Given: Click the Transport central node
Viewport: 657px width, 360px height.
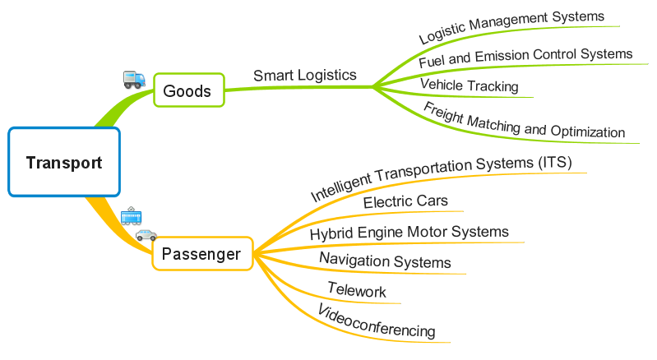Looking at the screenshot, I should pos(64,162).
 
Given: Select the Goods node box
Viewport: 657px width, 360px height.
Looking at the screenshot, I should pos(187,90).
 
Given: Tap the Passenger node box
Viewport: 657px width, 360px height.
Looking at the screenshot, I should pos(201,254).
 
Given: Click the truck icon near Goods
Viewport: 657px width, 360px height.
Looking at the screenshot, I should pos(134,79).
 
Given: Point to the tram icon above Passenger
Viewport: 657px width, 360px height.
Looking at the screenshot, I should pos(132,216).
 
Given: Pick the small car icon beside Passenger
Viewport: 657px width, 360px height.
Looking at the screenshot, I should pos(146,235).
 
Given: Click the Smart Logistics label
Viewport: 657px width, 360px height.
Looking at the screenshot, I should pos(304,75).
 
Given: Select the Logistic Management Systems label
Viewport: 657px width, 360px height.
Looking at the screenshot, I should pos(511,27).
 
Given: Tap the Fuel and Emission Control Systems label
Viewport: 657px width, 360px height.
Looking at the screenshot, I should pos(525,58).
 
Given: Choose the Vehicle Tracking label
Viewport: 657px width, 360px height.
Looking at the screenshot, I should pos(469,85).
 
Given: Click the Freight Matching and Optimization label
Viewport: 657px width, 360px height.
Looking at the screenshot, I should pos(524,121).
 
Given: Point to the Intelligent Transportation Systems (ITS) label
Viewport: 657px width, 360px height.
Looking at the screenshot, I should pos(441,178).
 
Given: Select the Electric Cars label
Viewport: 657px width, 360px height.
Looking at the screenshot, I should pos(406,201).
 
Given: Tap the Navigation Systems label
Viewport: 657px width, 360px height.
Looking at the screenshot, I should pos(385,261).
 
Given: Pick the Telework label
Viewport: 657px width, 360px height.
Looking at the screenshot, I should pos(356,290).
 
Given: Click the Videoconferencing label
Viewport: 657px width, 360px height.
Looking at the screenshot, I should pos(376,321).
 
